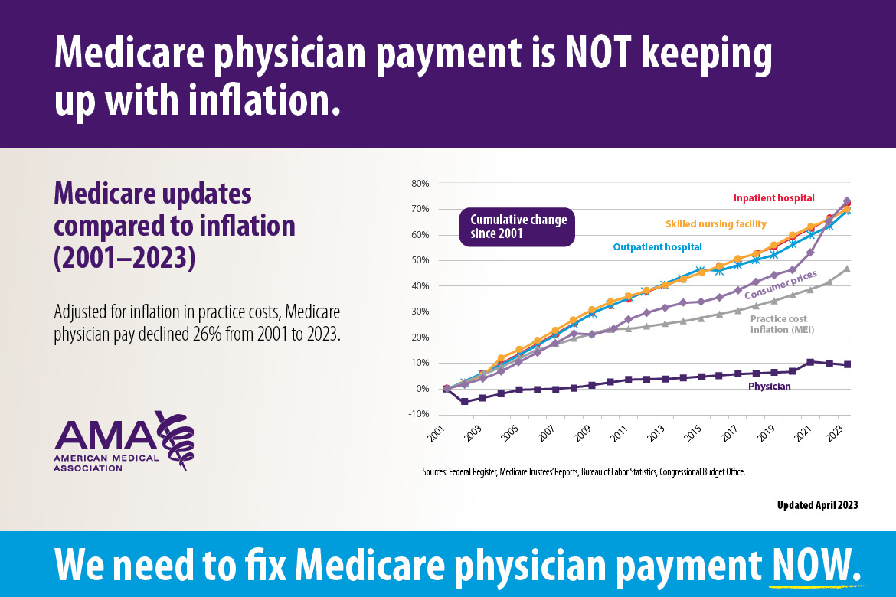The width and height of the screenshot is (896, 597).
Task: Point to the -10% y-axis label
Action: point(420,414)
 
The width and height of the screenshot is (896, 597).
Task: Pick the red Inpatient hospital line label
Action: point(773,198)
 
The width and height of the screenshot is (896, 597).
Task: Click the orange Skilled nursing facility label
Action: point(715,223)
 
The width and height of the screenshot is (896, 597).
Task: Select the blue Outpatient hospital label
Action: point(657,246)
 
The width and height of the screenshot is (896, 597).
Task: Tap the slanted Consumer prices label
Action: point(780,284)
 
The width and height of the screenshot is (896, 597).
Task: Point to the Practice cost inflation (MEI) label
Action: point(781,324)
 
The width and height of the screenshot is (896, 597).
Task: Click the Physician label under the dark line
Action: point(770,387)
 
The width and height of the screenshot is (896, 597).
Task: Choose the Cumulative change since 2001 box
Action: point(518,226)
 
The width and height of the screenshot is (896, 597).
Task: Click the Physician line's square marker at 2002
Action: point(464,401)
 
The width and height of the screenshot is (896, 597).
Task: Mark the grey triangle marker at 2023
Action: point(847,269)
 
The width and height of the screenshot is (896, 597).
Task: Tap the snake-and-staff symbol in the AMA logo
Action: point(175,439)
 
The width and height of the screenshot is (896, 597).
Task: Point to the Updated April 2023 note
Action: point(817,505)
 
